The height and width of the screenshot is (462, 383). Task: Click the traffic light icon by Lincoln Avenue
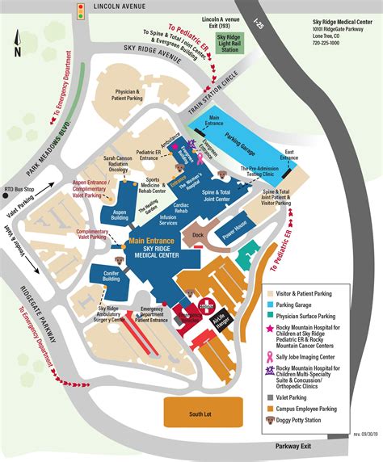point(80,10)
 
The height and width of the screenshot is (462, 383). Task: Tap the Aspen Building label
point(120,215)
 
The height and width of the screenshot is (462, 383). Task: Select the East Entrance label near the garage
point(288,153)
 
